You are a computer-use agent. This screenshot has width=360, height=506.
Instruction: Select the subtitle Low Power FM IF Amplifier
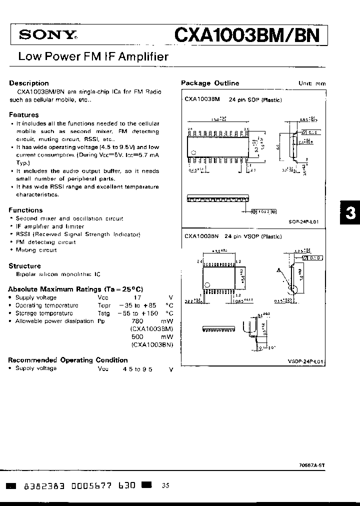(x=93, y=57)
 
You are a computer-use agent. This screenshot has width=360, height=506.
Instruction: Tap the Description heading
(x=29, y=83)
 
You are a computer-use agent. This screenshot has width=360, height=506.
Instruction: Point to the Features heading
(x=23, y=114)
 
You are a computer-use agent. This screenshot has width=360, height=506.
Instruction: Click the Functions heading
(x=25, y=210)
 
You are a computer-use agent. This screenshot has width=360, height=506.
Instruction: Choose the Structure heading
(x=24, y=266)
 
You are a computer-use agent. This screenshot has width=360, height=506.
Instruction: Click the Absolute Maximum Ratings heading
(x=75, y=289)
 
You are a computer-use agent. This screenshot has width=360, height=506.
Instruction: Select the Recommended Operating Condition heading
(x=68, y=360)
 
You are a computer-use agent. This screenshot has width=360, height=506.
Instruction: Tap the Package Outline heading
(x=210, y=83)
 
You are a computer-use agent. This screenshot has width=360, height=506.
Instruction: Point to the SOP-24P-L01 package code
(x=303, y=221)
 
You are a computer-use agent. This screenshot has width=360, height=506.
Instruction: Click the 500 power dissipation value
(x=137, y=337)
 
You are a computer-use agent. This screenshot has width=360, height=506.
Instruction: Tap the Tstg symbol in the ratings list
(x=104, y=313)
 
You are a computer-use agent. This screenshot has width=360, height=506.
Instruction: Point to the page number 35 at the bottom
(x=166, y=485)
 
